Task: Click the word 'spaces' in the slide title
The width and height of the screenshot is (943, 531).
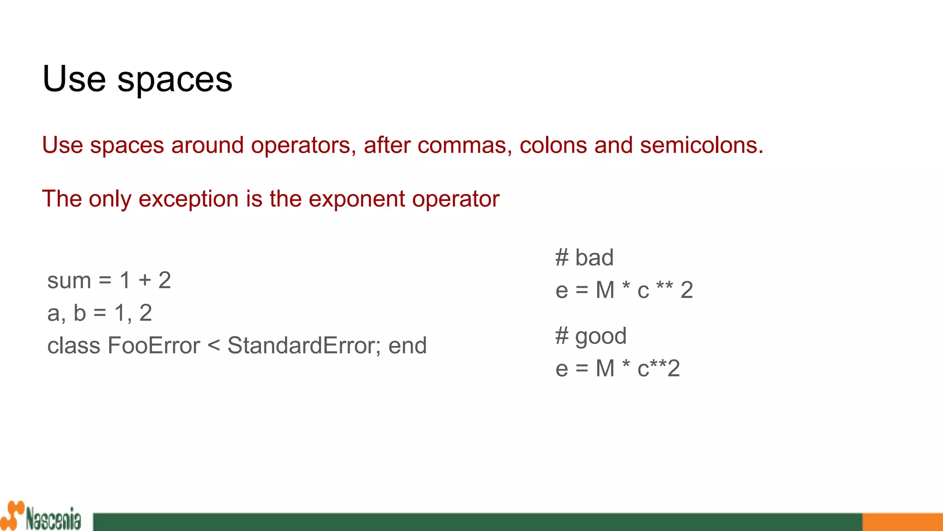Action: (x=175, y=79)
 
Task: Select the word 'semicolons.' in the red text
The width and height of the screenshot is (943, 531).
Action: (x=701, y=146)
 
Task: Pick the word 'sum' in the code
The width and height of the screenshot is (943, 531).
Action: (x=69, y=281)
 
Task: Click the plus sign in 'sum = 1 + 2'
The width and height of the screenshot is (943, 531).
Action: (x=145, y=280)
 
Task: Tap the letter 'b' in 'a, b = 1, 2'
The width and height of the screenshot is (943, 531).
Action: (x=80, y=313)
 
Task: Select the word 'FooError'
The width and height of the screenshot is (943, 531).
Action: (x=154, y=346)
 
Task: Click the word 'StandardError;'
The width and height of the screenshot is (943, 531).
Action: (x=304, y=346)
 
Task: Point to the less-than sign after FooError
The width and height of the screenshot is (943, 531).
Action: (x=214, y=346)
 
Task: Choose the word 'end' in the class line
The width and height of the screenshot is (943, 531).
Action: (x=407, y=346)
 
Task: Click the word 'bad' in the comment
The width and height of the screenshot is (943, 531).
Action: (x=594, y=257)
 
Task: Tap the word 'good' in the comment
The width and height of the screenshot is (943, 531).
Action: (x=600, y=336)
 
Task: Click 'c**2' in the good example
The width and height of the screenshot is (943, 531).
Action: (x=658, y=368)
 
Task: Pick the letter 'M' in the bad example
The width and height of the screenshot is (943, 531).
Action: (x=605, y=290)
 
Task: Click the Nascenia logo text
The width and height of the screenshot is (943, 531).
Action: (x=53, y=519)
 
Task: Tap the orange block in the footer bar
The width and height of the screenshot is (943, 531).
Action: (x=902, y=522)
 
